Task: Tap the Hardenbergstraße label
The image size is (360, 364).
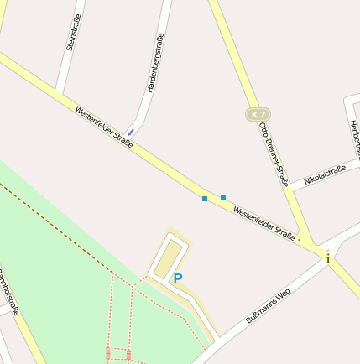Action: click(x=154, y=63)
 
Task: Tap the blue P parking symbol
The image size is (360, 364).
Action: click(x=177, y=278)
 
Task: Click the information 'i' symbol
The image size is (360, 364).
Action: click(x=328, y=258)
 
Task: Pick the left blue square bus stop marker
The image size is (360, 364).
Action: click(x=205, y=199)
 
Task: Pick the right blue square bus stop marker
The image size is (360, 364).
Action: click(x=223, y=196)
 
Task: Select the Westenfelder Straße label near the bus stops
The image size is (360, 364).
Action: click(x=263, y=223)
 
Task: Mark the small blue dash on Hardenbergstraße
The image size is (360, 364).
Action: click(x=130, y=132)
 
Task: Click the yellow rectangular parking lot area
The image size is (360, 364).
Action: click(x=170, y=257)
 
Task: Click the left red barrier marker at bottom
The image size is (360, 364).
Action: click(x=108, y=354)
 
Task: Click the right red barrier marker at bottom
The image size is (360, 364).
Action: click(x=128, y=354)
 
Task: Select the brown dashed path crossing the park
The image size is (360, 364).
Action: click(x=59, y=227)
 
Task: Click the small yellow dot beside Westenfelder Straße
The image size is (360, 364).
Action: click(x=299, y=239)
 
